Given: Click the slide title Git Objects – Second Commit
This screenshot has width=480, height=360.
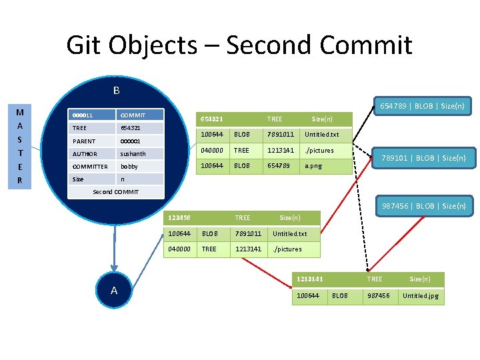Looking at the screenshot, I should point(239,45).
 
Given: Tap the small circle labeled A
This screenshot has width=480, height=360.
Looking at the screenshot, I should point(113,290).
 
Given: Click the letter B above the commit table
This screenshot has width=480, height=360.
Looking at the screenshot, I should point(116,91).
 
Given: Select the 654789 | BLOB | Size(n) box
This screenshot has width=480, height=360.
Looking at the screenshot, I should point(421,106).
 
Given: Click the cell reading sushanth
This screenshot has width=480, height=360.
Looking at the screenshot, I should point(139,154).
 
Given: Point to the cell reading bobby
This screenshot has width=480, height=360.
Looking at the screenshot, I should point(139,167).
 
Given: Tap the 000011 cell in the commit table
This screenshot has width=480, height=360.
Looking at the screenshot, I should point(92,115).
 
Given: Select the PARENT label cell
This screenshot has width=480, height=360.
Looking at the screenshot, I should point(92,141).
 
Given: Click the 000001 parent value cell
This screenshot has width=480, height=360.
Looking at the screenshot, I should point(139,141).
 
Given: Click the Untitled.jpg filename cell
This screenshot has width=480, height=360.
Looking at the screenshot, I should point(421,296).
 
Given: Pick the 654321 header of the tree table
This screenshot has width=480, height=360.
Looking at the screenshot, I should point(212,119).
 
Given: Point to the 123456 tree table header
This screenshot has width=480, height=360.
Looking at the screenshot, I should point(180,217).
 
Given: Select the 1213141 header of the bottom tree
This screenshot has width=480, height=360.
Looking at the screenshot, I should point(310,279).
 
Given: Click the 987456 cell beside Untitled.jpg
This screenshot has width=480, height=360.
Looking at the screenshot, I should point(381,296).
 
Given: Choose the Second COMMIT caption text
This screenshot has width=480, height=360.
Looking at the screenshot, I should point(115,192).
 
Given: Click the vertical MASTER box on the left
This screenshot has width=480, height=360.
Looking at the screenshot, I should point(20,147).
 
